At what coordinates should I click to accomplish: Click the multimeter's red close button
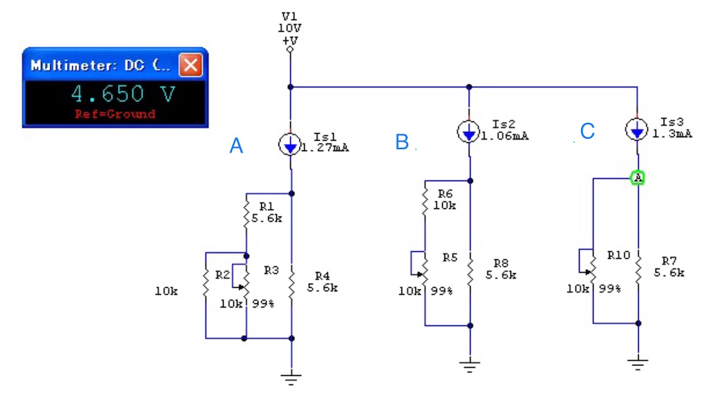click(190, 65)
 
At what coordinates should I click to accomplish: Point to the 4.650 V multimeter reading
click(123, 94)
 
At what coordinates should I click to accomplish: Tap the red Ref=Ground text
click(115, 114)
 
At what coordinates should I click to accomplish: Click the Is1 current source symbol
click(290, 144)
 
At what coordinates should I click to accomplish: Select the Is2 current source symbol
click(469, 132)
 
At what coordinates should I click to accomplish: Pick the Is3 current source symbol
click(637, 130)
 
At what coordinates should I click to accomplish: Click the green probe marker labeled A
click(638, 178)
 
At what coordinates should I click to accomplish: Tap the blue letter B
click(402, 142)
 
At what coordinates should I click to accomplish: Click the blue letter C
click(587, 131)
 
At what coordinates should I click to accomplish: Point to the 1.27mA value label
click(325, 148)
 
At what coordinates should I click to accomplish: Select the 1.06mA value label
click(505, 136)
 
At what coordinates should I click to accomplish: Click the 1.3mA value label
click(672, 134)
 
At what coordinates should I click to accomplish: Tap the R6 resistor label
click(445, 194)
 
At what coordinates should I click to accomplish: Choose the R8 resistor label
click(501, 263)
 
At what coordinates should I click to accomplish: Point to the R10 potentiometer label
click(619, 255)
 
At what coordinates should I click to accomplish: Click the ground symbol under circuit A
click(291, 379)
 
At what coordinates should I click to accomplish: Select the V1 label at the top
click(290, 17)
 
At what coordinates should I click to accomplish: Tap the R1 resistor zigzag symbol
click(246, 213)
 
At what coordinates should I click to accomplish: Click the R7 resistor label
click(669, 261)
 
